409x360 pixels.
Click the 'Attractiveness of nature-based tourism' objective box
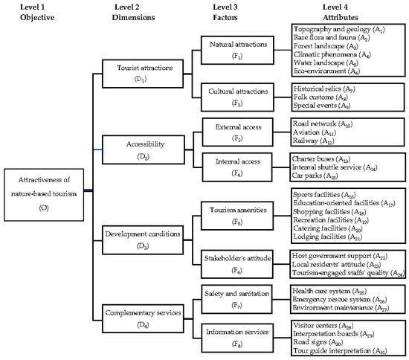pos(44,190)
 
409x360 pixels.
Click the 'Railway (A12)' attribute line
pos(315,139)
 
